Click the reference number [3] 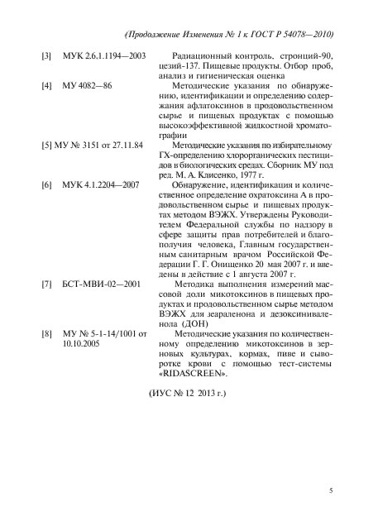click(47, 55)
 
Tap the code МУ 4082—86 click(89, 85)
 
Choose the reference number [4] click(47, 85)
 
